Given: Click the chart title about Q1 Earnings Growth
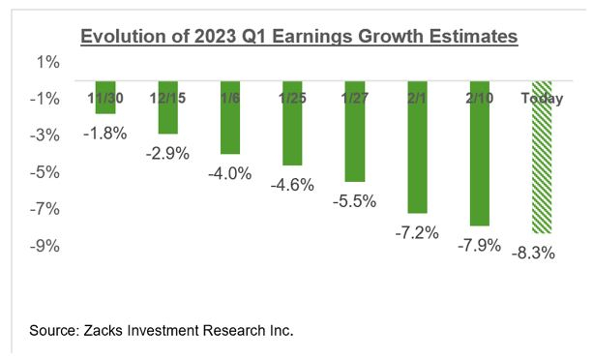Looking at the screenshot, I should coord(299,37).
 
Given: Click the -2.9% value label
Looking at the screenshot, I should coord(168,152).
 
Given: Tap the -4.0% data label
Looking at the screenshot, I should coord(229,173).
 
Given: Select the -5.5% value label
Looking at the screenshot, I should coord(354,200).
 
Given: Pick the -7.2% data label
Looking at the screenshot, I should coord(417,231).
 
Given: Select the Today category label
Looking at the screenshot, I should coord(541,98).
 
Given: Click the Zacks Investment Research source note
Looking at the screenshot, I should coord(161,330).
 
